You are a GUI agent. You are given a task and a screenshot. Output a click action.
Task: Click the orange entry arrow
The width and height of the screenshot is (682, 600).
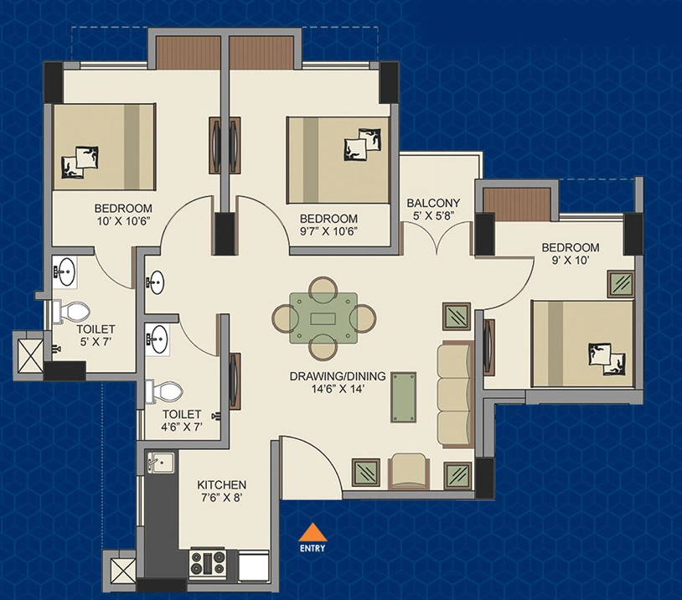point(313,532)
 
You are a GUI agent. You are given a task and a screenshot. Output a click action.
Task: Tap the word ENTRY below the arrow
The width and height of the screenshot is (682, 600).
point(313,548)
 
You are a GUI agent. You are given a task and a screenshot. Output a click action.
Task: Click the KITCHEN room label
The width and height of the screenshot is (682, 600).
point(221,484)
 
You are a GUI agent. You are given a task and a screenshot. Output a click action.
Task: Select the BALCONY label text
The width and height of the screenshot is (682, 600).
point(433,203)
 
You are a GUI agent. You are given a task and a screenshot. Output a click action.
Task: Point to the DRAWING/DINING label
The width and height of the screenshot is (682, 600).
point(338,376)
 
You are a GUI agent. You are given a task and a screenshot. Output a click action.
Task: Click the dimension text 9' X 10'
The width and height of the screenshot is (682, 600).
point(569,260)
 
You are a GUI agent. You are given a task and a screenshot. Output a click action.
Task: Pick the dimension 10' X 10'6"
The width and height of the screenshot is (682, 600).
point(123,221)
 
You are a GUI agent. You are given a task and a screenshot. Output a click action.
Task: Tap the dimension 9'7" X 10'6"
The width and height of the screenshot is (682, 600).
point(328,231)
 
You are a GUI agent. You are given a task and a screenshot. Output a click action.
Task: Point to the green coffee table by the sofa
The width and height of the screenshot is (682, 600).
point(404,397)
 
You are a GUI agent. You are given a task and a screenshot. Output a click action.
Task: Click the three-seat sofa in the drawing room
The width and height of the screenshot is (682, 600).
point(456,395)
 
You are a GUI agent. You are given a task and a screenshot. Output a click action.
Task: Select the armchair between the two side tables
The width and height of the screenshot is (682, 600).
point(409,471)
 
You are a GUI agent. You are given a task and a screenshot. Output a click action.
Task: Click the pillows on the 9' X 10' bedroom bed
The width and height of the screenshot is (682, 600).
point(607,359)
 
